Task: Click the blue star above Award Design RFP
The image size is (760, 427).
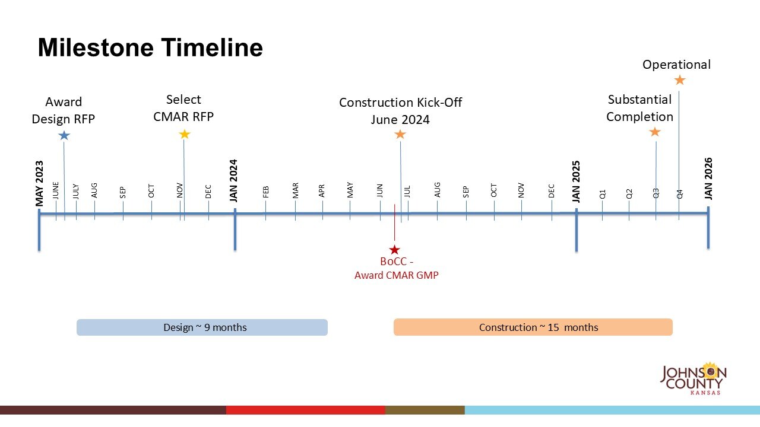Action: pyautogui.click(x=64, y=135)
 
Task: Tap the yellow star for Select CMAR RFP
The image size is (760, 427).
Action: pyautogui.click(x=185, y=134)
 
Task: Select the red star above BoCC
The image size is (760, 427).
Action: pyautogui.click(x=394, y=250)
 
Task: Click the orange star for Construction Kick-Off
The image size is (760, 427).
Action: pyautogui.click(x=400, y=134)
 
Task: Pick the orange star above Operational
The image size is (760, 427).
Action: pyautogui.click(x=680, y=79)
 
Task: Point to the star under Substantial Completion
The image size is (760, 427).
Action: pyautogui.click(x=655, y=132)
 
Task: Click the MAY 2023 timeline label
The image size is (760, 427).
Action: pyautogui.click(x=40, y=184)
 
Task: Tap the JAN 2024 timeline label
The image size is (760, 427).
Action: pyautogui.click(x=233, y=180)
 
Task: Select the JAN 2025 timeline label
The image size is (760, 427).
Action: pyautogui.click(x=576, y=181)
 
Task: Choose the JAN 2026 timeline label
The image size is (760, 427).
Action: pyautogui.click(x=708, y=179)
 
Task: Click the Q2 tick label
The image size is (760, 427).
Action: pyautogui.click(x=629, y=193)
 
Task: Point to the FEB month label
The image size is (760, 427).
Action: pyautogui.click(x=266, y=192)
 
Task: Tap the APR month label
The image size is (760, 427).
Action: pyautogui.click(x=322, y=191)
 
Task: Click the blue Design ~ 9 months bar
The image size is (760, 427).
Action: pyautogui.click(x=202, y=327)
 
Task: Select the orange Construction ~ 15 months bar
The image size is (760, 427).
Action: pyautogui.click(x=533, y=327)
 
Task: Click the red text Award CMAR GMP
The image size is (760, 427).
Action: pyautogui.click(x=396, y=275)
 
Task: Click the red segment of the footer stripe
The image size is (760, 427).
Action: pyautogui.click(x=305, y=410)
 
